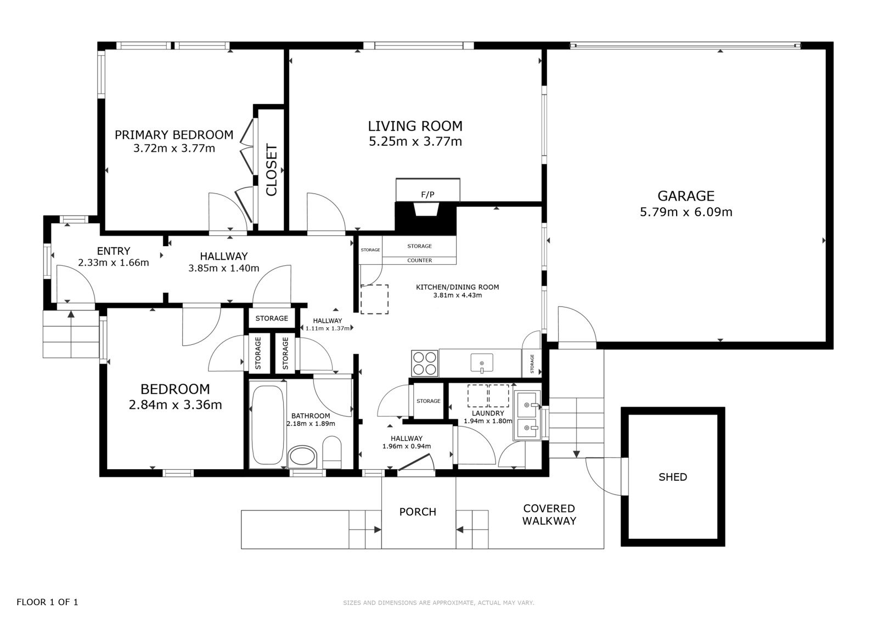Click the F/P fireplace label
427,195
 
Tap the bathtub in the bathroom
267,425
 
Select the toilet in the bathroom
331,453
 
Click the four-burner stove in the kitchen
425,363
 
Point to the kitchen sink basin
482,363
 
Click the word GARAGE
686,196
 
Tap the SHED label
673,477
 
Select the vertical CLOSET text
272,169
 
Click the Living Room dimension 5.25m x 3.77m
415,141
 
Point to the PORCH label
418,512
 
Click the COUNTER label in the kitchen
419,260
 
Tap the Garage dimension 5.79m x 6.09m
686,212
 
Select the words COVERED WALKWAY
549,515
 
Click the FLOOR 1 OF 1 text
47,602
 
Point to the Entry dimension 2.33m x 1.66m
113,263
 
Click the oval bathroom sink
302,457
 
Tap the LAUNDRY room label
488,413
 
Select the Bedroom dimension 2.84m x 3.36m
175,405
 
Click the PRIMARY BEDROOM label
173,135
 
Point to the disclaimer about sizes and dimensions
438,603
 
